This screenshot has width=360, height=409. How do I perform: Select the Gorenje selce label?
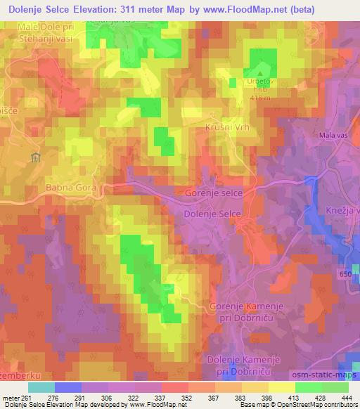pyautogui.click(x=213, y=193)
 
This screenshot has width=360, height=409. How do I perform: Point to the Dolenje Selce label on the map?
pyautogui.click(x=212, y=214)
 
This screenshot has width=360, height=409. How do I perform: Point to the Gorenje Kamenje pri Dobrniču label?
pyautogui.click(x=245, y=311)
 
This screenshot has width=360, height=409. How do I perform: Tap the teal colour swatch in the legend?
pyautogui.click(x=41, y=387)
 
